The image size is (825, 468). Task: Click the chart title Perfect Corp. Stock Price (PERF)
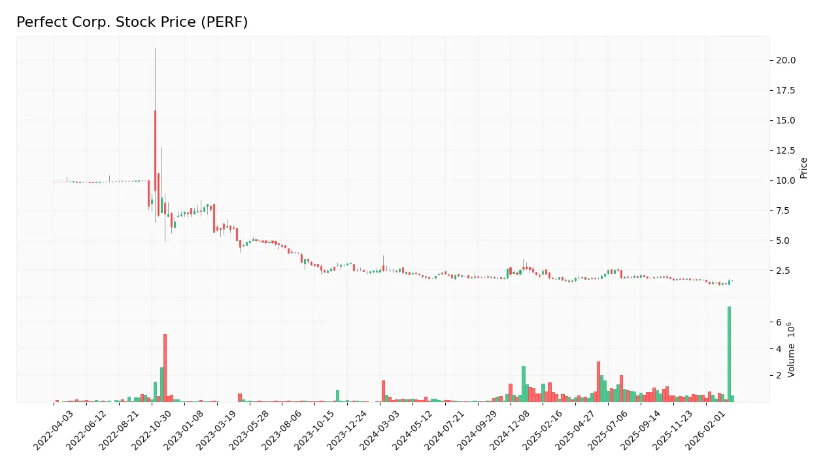[x=132, y=22]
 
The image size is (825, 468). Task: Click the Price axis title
[x=804, y=168]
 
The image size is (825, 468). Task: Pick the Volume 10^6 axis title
[x=792, y=350]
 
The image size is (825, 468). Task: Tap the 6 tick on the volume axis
[x=779, y=322]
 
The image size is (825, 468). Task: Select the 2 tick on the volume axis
[x=779, y=376]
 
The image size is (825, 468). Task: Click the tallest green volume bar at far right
[x=729, y=354]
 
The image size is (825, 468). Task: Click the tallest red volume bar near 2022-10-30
[x=165, y=368]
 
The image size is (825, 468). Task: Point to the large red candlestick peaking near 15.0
[x=155, y=150]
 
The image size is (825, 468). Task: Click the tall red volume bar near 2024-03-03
[x=383, y=392]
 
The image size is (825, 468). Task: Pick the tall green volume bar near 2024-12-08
[x=524, y=384]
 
